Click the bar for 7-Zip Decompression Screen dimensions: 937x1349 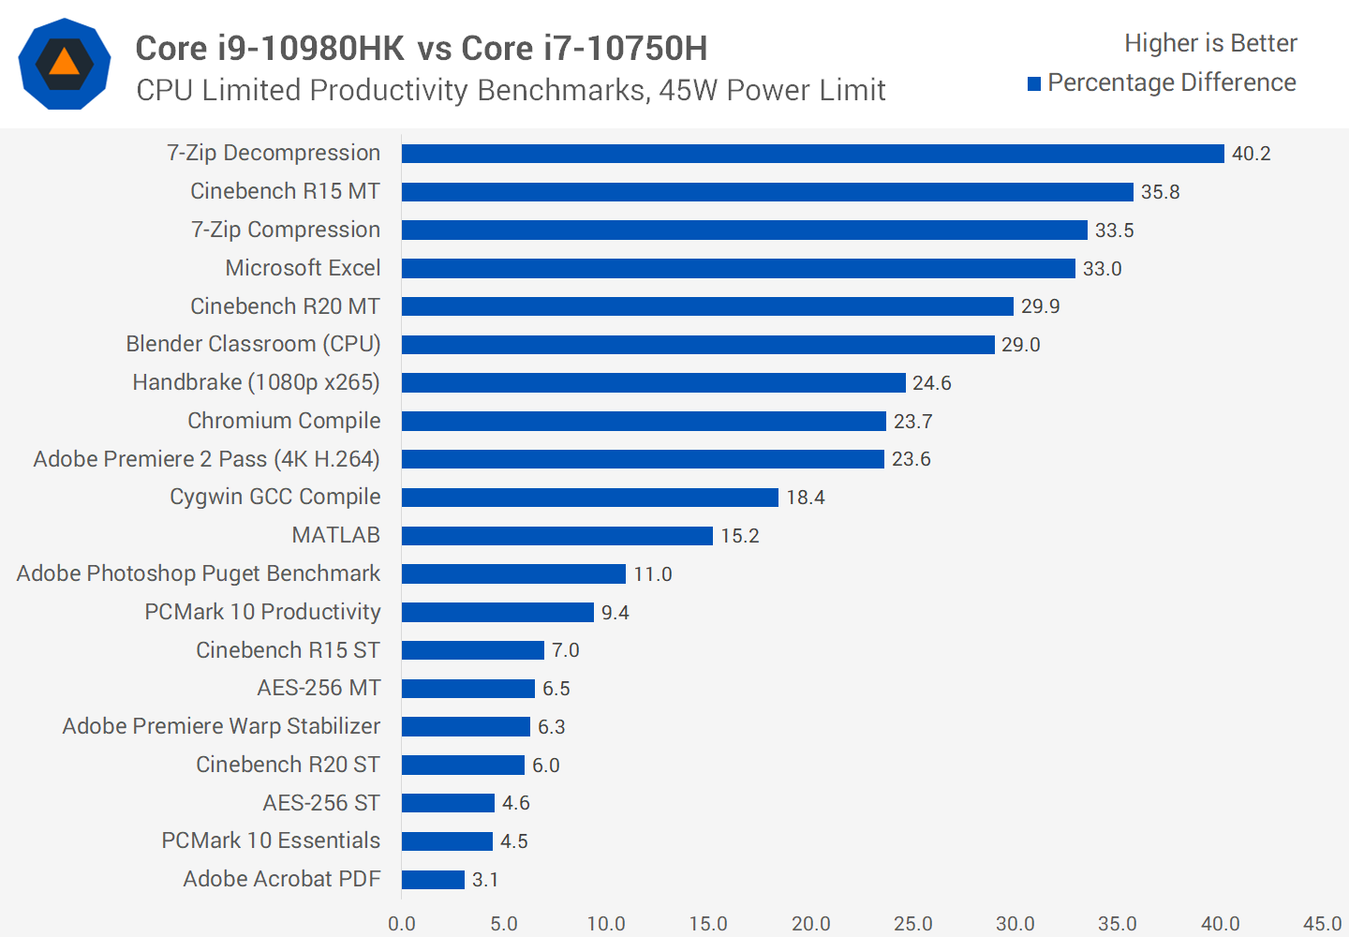pos(812,154)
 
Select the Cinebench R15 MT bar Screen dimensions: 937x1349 pos(767,192)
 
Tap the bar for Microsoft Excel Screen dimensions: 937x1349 pos(738,269)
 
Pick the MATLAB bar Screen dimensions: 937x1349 pos(557,536)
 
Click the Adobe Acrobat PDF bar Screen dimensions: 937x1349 pos(433,880)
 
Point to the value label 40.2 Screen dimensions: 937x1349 pos(1251,154)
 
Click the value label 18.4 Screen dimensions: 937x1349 pos(805,498)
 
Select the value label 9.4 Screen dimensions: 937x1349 pos(615,613)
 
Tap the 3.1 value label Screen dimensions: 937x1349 pos(484,880)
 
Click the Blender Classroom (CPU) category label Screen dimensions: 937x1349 pos(253,344)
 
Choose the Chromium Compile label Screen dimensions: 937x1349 pos(284,421)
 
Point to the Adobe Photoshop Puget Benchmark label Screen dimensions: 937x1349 pos(199,573)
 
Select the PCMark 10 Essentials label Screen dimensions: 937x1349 pos(271,840)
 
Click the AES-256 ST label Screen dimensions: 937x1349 pos(321,803)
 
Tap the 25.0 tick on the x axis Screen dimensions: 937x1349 pos(912,924)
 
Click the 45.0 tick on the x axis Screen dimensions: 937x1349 pos(1321,924)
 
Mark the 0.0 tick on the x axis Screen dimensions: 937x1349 pos(402,924)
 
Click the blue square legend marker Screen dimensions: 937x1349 pos(1034,84)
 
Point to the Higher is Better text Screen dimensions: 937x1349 pos(1210,43)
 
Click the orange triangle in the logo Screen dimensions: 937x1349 pos(65,63)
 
